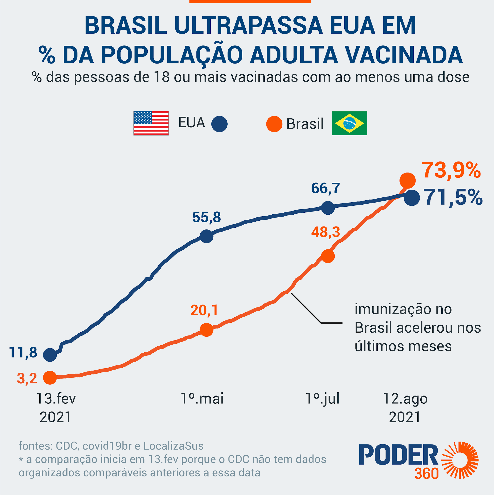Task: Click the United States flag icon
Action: [x=151, y=123]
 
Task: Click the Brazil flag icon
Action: [x=349, y=123]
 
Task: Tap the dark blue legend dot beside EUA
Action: [x=219, y=124]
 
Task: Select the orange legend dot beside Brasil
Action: [x=274, y=124]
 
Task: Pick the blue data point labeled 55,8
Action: [x=206, y=236]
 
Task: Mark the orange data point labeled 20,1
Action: [x=206, y=329]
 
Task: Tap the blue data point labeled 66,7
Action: [x=327, y=208]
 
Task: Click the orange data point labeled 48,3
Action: [x=327, y=256]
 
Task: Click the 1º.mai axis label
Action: [x=202, y=399]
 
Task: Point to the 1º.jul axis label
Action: [x=322, y=399]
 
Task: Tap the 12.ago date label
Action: [x=405, y=399]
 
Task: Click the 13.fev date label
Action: [x=56, y=399]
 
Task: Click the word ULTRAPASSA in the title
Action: [x=248, y=26]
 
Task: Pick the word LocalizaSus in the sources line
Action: [x=173, y=446]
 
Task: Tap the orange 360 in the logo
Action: [x=426, y=474]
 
